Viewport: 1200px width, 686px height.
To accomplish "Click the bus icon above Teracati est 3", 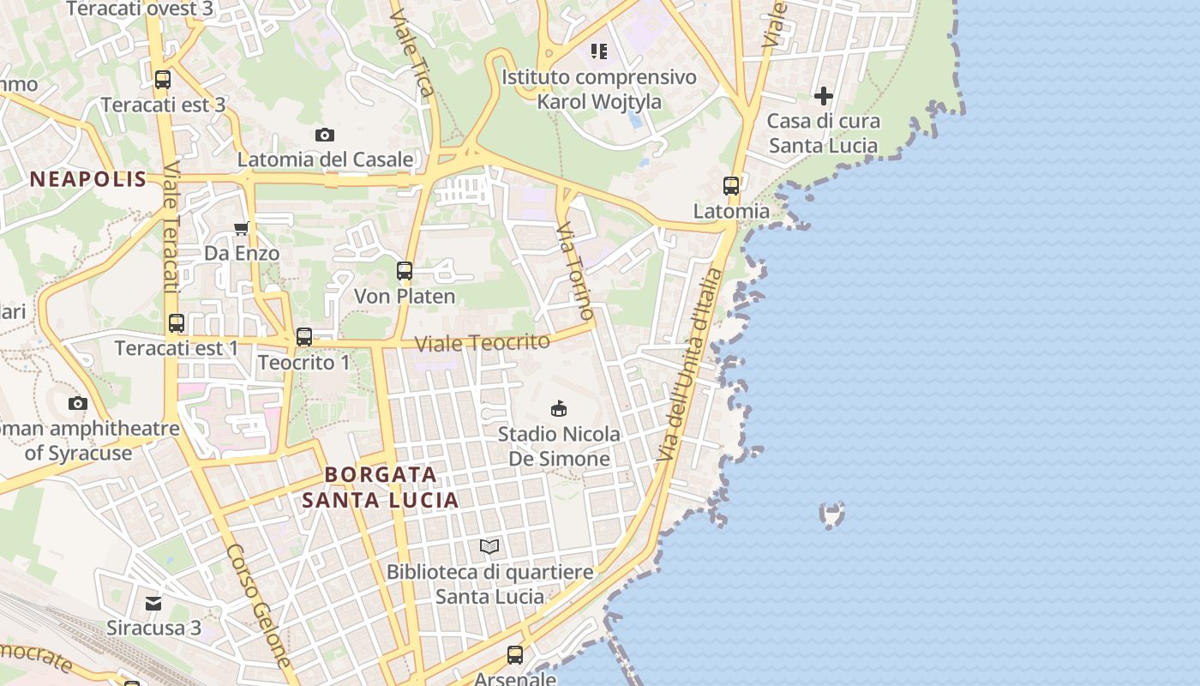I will coord(162,80).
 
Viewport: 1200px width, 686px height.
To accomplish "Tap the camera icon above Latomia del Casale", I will coord(324,135).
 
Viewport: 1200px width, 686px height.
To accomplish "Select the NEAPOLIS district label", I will coord(88,179).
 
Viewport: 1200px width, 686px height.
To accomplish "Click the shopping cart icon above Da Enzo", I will coord(242,228).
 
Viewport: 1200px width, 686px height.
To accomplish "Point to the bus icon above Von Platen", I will coord(405,271).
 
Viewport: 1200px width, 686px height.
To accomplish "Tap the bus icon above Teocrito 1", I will coord(304,337).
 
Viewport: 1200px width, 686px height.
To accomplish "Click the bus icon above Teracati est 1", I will coord(177,323).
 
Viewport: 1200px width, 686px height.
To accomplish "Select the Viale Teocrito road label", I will coord(482,343).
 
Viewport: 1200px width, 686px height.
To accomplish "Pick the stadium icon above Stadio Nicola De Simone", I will coord(559,408).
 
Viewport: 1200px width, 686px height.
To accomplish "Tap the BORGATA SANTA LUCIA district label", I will coord(380,487).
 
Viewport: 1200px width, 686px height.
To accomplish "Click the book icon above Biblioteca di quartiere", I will coord(489,546).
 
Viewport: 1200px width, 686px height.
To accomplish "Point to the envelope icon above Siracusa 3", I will coord(153,603).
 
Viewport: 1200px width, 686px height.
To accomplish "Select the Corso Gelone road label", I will coord(259,605).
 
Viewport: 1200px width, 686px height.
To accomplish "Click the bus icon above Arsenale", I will coord(515,655).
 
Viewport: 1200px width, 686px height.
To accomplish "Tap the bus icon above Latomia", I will coord(731,185).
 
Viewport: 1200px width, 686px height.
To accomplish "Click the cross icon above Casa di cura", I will coord(824,96).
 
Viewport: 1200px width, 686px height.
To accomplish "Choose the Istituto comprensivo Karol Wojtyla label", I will coord(599,89).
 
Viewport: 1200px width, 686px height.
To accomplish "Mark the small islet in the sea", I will coord(831,514).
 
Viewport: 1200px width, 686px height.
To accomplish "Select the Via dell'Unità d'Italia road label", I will coord(691,364).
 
